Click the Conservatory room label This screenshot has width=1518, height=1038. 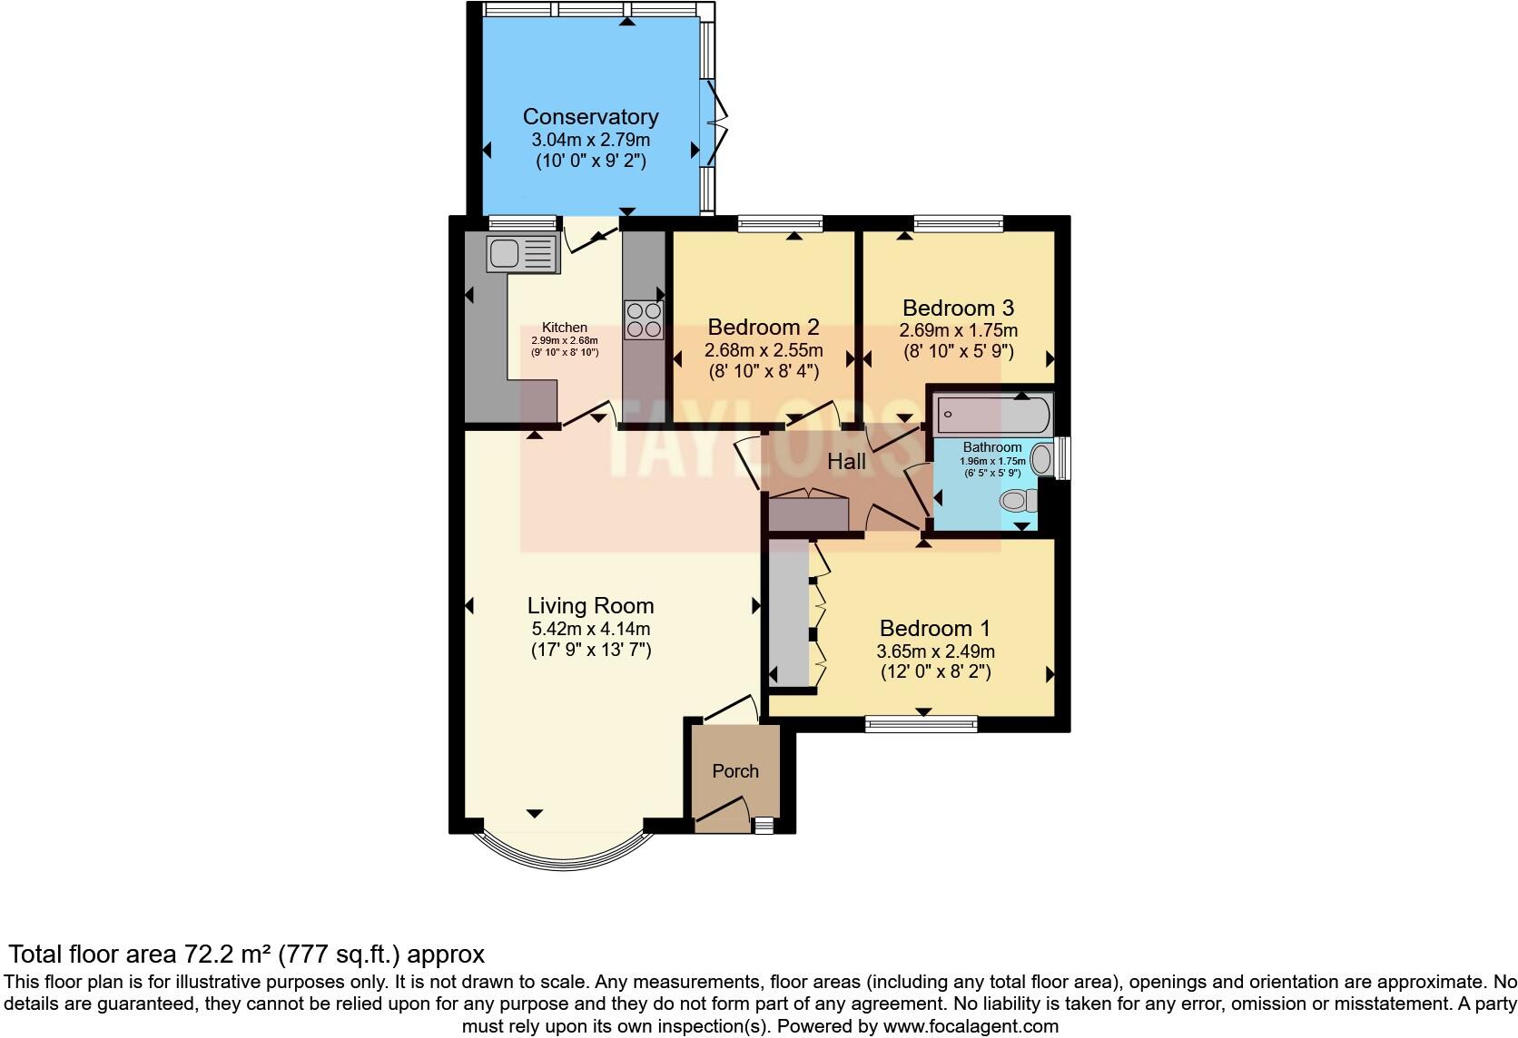pyautogui.click(x=590, y=117)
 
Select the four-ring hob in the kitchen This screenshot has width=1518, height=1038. pyautogui.click(x=644, y=319)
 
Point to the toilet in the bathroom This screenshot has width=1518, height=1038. pyautogui.click(x=1019, y=500)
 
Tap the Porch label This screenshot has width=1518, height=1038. pyautogui.click(x=734, y=771)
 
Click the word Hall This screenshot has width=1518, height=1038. pyautogui.click(x=846, y=462)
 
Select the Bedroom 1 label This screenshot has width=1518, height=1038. pyautogui.click(x=934, y=628)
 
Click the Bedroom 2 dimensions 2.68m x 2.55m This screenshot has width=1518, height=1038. pyautogui.click(x=764, y=350)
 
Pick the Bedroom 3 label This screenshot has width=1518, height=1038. pyautogui.click(x=958, y=308)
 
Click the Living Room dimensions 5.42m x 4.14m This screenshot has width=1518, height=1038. pyautogui.click(x=590, y=629)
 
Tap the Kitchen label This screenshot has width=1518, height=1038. pyautogui.click(x=565, y=328)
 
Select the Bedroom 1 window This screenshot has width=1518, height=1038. pyautogui.click(x=921, y=723)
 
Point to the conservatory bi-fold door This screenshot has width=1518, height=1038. pyautogui.click(x=717, y=122)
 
